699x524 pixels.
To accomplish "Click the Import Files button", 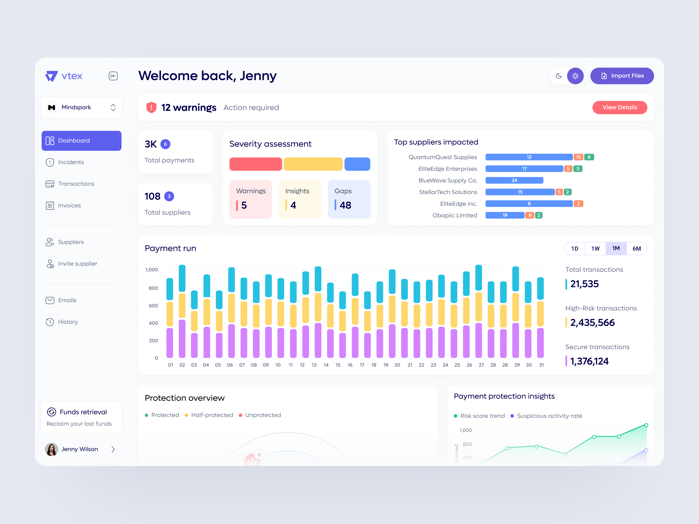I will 622,76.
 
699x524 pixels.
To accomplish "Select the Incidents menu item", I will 71,162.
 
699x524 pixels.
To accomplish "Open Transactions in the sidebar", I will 76,184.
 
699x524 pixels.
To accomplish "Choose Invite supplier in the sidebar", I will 77,264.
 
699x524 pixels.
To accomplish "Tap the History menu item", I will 68,322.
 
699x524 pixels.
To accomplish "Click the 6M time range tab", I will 637,249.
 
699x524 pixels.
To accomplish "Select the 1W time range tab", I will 595,249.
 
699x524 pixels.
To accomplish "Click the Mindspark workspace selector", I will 81,107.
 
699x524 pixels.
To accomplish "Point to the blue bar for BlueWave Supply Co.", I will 514,180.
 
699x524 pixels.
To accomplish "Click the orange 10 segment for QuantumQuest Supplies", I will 578,157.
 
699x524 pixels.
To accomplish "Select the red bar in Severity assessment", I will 255,164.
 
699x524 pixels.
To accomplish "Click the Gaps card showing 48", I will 349,199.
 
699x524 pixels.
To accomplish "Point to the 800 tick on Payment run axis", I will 153,288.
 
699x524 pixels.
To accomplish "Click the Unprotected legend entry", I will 263,415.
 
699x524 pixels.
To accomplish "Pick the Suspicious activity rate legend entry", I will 549,416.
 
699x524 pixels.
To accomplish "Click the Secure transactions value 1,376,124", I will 589,361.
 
